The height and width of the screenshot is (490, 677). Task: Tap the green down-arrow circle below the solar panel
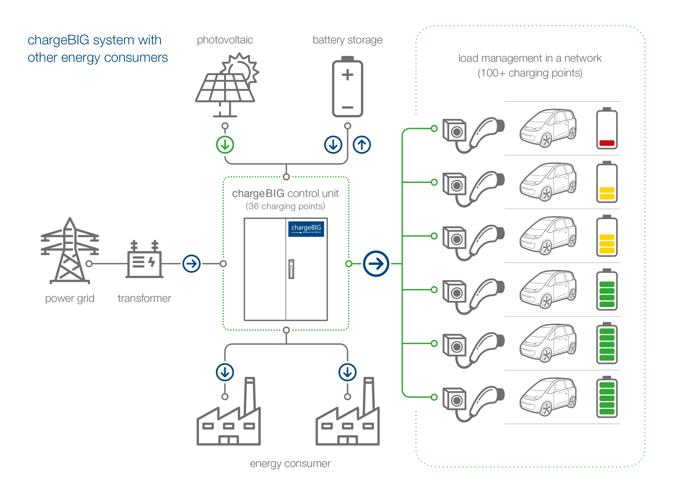pos(225,145)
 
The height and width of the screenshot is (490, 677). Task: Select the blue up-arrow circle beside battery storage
pos(362,145)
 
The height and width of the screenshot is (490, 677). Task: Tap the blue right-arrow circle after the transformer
pos(191,264)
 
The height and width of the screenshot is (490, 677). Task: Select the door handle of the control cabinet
pos(291,269)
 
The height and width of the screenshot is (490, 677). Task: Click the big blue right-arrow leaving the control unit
pos(376,264)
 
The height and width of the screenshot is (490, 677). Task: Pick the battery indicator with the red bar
pos(606,129)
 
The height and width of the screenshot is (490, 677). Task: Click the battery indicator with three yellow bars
pos(606,236)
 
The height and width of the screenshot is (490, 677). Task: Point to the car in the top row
pos(548,128)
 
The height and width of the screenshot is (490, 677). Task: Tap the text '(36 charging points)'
pos(285,206)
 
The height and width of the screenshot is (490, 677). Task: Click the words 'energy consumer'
pos(290,464)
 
